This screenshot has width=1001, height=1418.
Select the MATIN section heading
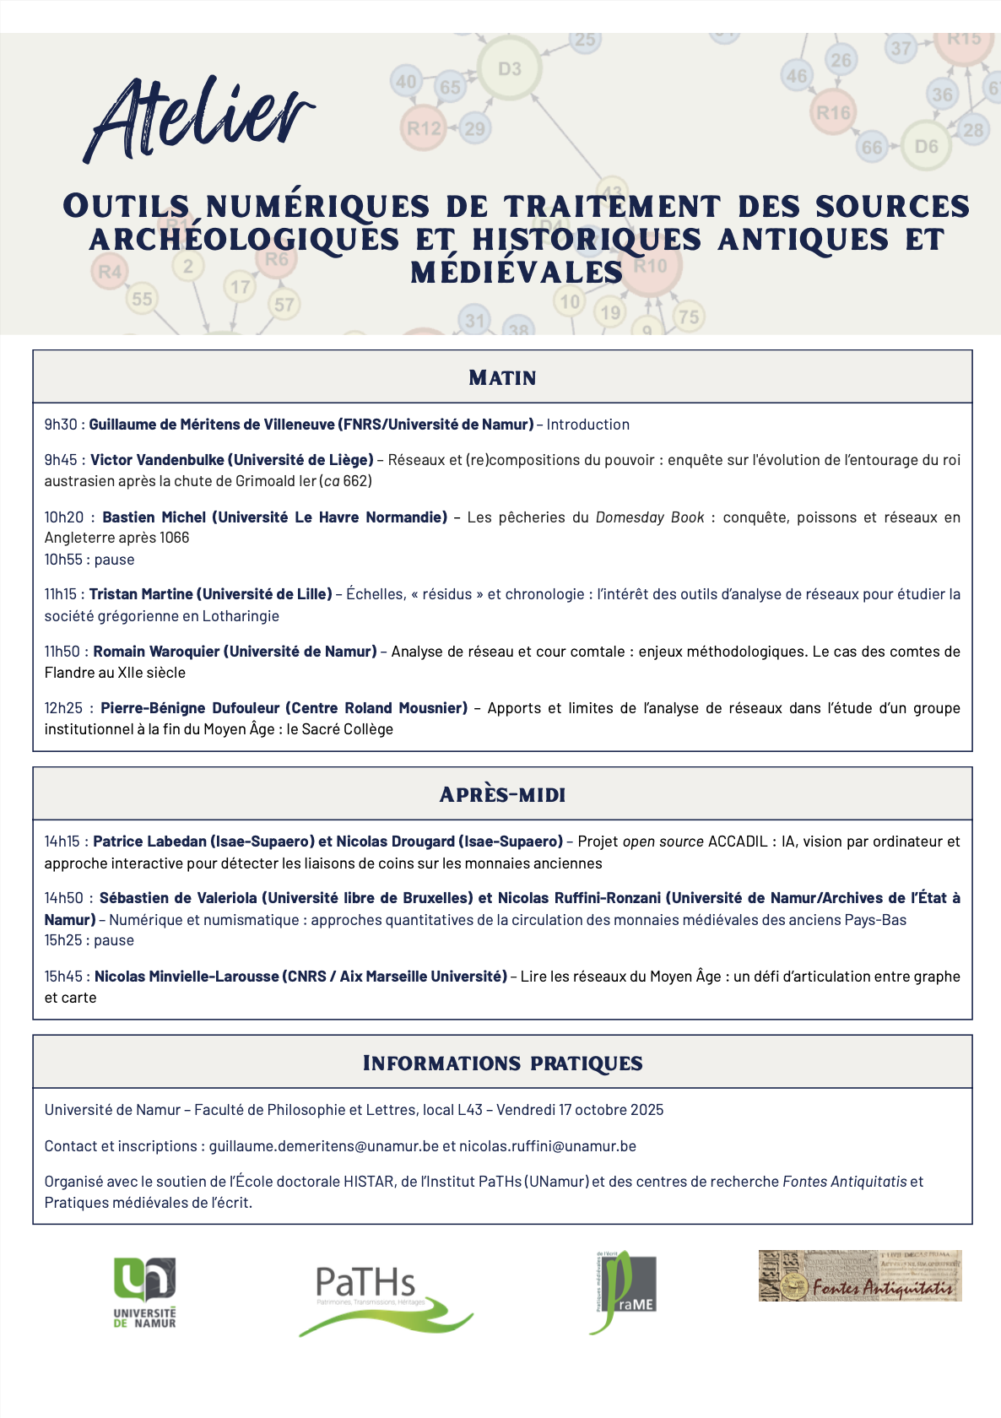(502, 377)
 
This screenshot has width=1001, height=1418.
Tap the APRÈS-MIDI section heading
(502, 794)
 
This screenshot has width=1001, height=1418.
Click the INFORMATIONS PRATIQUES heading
(502, 1063)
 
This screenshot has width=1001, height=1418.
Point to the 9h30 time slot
(61, 425)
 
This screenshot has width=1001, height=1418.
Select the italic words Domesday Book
(649, 517)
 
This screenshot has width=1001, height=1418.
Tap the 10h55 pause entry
(89, 560)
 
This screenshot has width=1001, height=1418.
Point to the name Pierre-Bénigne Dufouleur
(190, 708)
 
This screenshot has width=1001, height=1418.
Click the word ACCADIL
(738, 842)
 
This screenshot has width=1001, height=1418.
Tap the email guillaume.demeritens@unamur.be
(324, 1146)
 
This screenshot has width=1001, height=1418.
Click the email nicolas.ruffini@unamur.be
(548, 1146)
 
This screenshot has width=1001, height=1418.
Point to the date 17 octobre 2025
(611, 1110)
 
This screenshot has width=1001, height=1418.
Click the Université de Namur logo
(145, 1292)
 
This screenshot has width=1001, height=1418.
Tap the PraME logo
(623, 1292)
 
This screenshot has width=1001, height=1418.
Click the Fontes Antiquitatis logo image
(859, 1276)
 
